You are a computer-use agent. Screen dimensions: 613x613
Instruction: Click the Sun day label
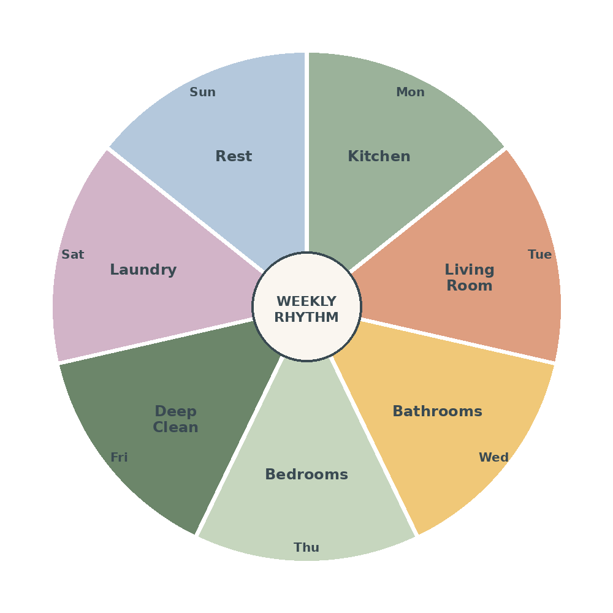(x=202, y=93)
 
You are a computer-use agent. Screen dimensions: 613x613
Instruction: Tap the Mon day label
(x=410, y=93)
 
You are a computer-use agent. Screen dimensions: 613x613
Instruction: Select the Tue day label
(x=539, y=254)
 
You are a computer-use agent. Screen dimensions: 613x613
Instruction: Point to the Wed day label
(x=493, y=457)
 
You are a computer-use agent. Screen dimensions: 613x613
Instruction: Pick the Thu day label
(x=306, y=547)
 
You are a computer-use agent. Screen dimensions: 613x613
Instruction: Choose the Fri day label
(x=120, y=457)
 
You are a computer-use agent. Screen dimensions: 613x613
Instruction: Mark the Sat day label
(x=73, y=254)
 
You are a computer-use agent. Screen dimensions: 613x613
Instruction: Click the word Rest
(x=234, y=156)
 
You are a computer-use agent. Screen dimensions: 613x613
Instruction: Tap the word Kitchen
(x=379, y=156)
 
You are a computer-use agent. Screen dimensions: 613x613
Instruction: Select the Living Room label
(x=470, y=278)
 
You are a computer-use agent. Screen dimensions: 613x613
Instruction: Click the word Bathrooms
(x=438, y=411)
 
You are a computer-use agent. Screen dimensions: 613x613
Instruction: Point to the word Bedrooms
(x=306, y=474)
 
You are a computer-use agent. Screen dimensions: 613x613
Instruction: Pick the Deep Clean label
(x=175, y=419)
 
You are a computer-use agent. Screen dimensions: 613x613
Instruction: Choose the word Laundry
(x=143, y=270)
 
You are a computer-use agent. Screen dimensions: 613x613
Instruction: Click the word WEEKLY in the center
(x=306, y=302)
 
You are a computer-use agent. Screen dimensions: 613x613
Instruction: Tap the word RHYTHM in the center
(x=306, y=317)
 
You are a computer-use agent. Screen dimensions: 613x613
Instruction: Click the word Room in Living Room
(x=470, y=286)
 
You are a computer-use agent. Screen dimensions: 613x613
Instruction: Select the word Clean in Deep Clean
(x=175, y=427)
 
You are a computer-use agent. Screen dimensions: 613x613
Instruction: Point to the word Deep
(x=175, y=412)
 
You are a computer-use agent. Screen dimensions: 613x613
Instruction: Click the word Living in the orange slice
(x=470, y=270)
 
